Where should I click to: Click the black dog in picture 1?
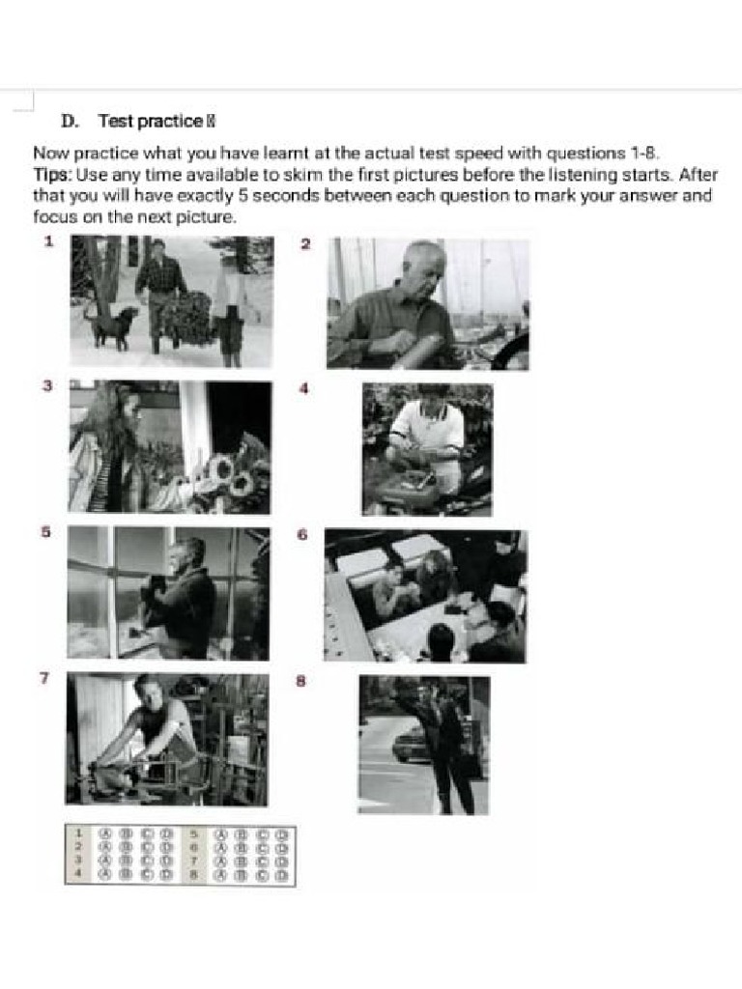point(109,325)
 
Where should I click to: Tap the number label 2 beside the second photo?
point(305,244)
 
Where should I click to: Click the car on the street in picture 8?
point(410,744)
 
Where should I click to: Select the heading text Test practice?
point(150,122)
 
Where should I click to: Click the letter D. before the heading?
point(70,122)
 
